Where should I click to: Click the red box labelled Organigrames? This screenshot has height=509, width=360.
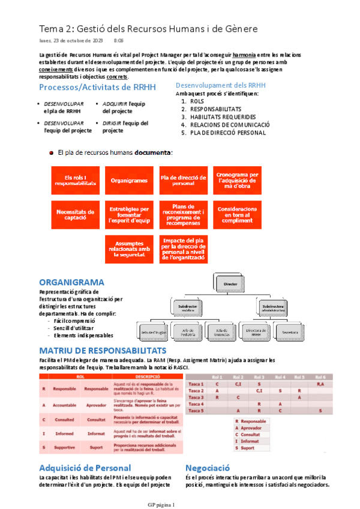click(x=129, y=179)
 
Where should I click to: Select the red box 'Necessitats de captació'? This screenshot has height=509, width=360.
click(x=75, y=214)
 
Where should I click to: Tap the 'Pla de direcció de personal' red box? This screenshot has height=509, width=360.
click(x=183, y=179)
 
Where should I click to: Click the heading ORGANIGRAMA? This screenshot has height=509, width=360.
click(x=71, y=282)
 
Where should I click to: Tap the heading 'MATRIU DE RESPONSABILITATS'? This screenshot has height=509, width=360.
click(x=103, y=350)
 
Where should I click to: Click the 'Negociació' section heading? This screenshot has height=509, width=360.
click(x=208, y=468)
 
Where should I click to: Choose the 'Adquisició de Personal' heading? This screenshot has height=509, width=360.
click(x=85, y=468)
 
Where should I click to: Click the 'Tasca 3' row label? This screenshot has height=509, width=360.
click(x=196, y=397)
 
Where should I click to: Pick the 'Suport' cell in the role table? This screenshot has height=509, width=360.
click(x=96, y=447)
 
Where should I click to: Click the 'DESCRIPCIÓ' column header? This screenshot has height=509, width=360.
click(x=142, y=376)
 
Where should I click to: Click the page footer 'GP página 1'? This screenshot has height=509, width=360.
click(x=161, y=505)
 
